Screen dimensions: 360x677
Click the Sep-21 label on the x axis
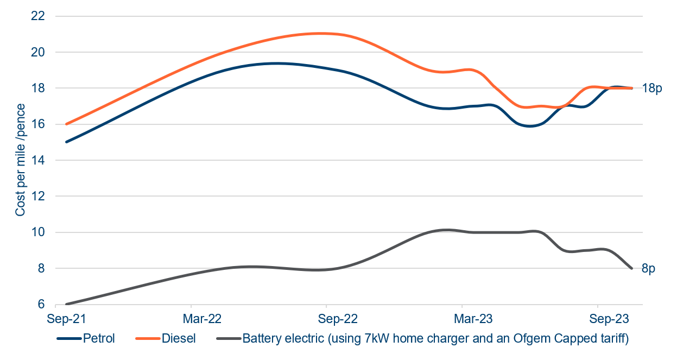(66, 318)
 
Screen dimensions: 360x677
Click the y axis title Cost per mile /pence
(20, 161)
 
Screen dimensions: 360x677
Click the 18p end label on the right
(652, 88)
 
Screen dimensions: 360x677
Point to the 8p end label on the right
(649, 269)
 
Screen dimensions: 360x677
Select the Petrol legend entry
(99, 339)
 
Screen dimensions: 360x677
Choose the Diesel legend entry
(179, 339)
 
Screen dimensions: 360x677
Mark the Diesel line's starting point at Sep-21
(66, 124)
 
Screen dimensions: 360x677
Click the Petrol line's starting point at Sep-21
(66, 142)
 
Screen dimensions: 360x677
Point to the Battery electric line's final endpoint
(632, 268)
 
